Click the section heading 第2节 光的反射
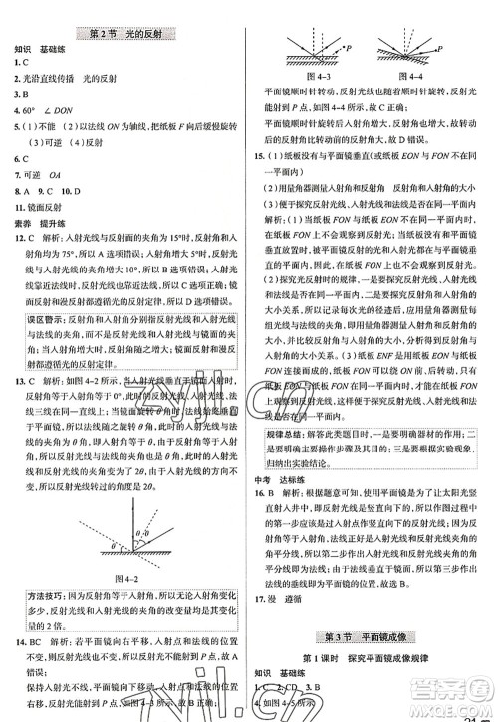[125, 33]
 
